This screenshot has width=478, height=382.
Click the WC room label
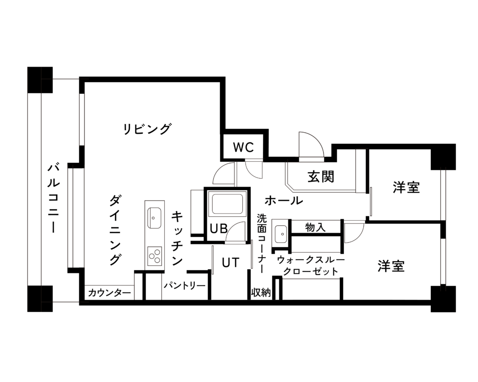243,147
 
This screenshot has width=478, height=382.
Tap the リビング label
147,129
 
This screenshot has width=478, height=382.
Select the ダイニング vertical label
115,230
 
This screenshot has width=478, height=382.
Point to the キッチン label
177,238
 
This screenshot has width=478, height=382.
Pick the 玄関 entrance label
321,176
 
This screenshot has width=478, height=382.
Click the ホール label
284,201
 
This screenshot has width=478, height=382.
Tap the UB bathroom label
218,228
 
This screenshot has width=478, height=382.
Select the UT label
231,262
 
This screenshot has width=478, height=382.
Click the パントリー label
184,286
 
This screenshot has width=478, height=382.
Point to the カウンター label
109,293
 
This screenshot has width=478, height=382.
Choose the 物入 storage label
315,227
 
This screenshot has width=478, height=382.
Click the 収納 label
261,292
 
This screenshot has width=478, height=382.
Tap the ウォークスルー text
310,260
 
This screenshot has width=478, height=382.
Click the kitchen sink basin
154,218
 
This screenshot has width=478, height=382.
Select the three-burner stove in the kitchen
155,256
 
